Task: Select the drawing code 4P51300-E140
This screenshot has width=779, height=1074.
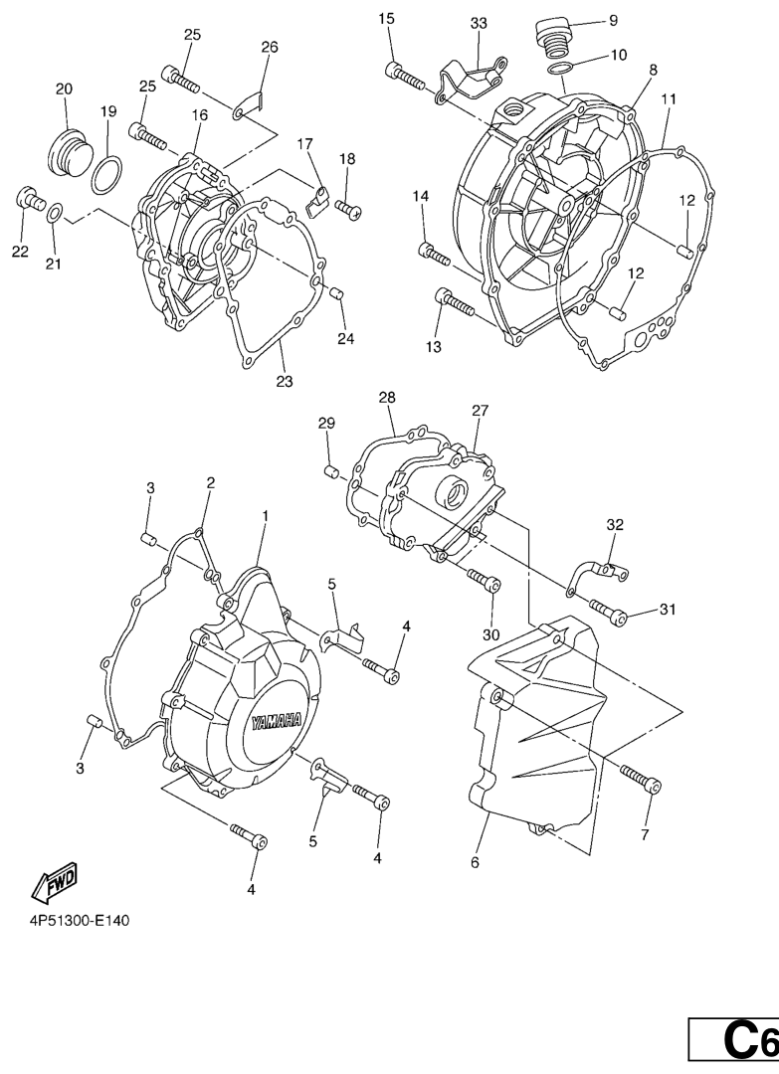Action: pos(79,920)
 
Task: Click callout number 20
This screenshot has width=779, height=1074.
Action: pos(65,89)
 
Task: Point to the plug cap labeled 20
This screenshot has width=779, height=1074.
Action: pos(69,144)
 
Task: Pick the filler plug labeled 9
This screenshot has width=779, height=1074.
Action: pos(552,36)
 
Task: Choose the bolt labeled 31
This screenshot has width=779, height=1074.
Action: pos(608,612)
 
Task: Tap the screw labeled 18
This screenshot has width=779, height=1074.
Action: pos(348,209)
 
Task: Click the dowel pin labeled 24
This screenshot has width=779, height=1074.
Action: pos(335,293)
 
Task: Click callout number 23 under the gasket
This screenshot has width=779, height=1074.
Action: pos(285,382)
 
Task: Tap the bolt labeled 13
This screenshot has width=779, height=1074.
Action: pos(455,302)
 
